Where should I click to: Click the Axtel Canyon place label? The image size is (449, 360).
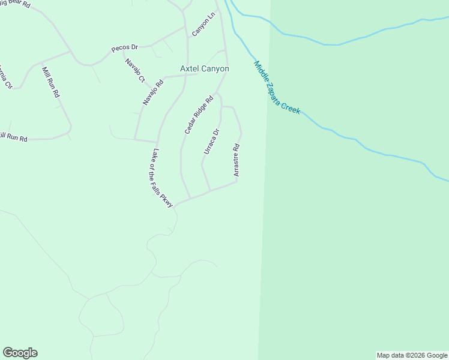click(204, 69)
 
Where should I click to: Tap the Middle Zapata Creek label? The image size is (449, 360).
click(276, 88)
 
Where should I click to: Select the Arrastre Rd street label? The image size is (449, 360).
click(237, 160)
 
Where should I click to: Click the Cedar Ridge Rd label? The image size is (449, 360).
click(199, 115)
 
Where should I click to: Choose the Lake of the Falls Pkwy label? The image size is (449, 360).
click(163, 178)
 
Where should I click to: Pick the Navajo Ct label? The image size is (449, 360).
click(135, 70)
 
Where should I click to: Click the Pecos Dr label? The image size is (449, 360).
click(125, 47)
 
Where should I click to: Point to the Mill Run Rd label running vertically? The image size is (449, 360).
click(50, 83)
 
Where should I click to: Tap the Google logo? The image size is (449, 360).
click(20, 353)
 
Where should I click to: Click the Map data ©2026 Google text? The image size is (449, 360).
click(412, 355)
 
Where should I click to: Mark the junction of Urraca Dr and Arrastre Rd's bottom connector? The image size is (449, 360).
click(209, 191)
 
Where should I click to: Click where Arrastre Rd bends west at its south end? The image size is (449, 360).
click(237, 182)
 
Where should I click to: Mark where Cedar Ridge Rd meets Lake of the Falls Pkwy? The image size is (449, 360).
click(190, 197)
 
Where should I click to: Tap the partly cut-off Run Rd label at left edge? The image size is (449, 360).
click(13, 139)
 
